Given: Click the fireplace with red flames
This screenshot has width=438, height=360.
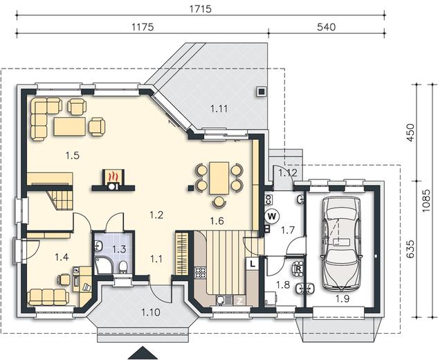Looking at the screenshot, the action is [x=113, y=179].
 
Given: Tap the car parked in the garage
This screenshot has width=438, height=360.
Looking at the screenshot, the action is [x=341, y=244].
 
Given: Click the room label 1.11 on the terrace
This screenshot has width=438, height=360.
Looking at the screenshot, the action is [x=219, y=109].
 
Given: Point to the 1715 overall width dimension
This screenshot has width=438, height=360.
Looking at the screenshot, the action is [x=201, y=9].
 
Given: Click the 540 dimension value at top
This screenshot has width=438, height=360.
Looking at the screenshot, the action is [x=327, y=27].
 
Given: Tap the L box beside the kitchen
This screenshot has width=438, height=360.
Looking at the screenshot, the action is [x=253, y=264].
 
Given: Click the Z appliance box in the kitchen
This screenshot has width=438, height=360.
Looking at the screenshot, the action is [x=240, y=301].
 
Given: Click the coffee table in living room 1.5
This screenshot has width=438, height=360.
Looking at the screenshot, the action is [x=70, y=127].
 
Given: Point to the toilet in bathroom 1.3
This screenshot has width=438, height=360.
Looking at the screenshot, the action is [x=123, y=267].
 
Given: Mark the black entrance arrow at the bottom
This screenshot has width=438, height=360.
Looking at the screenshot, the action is [x=143, y=353].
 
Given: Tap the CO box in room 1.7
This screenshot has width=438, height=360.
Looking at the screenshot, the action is [x=268, y=199].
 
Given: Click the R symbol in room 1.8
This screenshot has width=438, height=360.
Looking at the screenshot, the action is [x=299, y=269].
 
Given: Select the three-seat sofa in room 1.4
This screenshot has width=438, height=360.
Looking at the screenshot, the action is [x=48, y=297].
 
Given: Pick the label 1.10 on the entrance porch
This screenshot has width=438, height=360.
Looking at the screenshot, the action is [x=151, y=312].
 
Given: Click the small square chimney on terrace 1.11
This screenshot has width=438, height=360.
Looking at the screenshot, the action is [x=262, y=91].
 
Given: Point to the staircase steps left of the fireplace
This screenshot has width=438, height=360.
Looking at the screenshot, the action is [x=60, y=200].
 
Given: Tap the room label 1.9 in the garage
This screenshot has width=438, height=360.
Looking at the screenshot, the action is [x=343, y=299].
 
